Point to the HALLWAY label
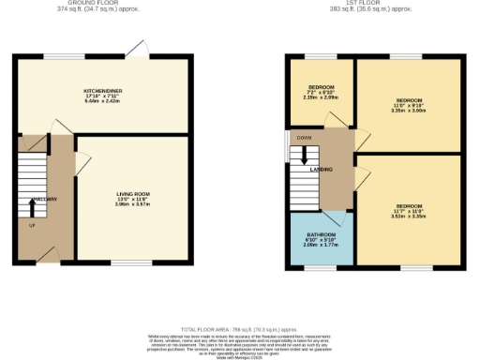tap(44, 200)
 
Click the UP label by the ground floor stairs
tap(32, 226)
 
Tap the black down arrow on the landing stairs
tap(304, 160)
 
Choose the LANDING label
tap(322, 170)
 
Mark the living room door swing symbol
tap(83, 146)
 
